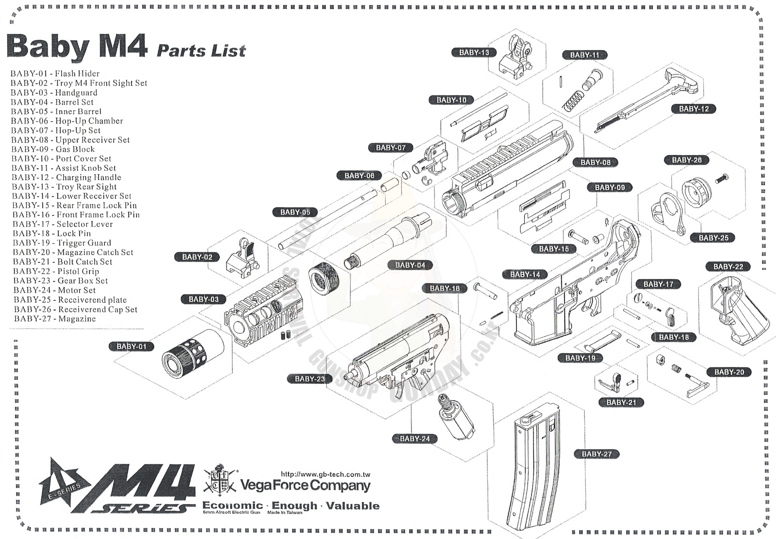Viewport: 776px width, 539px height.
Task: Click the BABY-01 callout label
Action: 131,346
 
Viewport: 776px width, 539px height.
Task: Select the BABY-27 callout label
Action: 597,454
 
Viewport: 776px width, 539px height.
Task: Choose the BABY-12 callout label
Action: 694,109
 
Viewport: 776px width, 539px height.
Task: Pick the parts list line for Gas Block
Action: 53,149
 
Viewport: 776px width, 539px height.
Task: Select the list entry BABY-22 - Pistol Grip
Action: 56,271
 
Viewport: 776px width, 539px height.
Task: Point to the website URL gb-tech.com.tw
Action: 325,474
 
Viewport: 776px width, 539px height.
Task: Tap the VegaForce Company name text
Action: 306,486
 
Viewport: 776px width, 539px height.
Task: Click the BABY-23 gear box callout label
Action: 309,379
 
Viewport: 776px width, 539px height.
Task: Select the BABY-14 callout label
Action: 525,275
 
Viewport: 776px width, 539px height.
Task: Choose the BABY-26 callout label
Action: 687,160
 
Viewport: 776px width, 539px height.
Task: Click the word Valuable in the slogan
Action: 353,506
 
